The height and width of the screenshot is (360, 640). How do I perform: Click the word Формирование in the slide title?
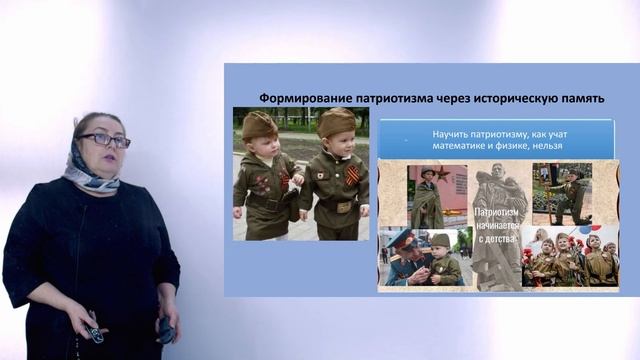(x=297, y=98)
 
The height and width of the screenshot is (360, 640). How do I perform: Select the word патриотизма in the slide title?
(x=380, y=98)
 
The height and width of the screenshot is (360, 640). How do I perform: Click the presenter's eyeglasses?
(x=103, y=140)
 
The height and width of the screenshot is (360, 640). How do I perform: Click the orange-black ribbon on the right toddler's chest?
(x=351, y=176)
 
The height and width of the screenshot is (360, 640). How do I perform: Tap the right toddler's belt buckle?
(x=343, y=207)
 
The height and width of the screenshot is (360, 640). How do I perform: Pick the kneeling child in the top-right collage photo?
(x=570, y=195)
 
